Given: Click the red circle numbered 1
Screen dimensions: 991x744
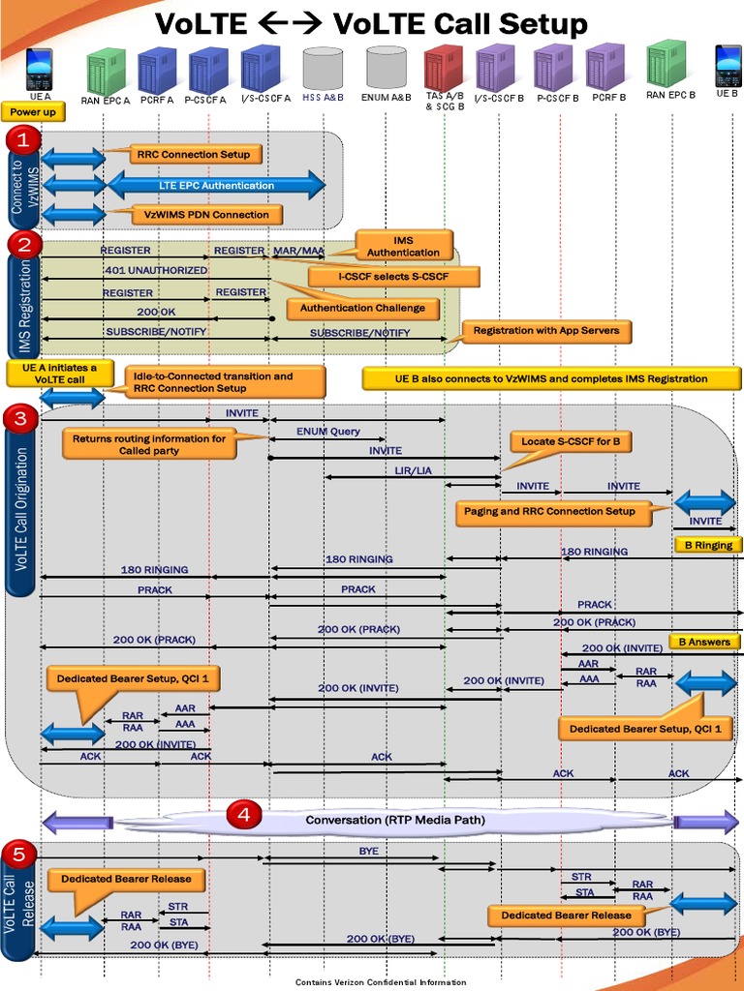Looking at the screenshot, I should click(x=23, y=140).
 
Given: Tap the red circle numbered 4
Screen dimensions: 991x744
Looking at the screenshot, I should click(x=243, y=816).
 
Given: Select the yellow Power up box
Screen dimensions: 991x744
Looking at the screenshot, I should click(x=33, y=112).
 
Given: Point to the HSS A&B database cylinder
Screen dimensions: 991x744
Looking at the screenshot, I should click(x=323, y=68).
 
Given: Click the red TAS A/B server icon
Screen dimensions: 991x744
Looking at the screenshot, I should click(x=443, y=69).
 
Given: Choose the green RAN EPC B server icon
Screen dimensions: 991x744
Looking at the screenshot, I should click(x=666, y=65).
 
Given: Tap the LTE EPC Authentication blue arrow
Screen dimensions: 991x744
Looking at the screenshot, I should click(x=216, y=185).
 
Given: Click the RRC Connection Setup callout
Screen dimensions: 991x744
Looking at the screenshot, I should click(x=194, y=154).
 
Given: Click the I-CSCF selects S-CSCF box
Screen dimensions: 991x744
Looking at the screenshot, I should click(x=393, y=277).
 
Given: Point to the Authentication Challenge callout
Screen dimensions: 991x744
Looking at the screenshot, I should click(x=361, y=308).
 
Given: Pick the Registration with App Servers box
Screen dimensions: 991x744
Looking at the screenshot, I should click(x=546, y=331).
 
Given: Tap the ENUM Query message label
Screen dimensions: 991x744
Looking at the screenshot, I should click(x=327, y=431).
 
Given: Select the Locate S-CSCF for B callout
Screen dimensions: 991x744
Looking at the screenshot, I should click(x=571, y=441).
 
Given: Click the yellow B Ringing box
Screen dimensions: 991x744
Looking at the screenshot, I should click(x=708, y=545).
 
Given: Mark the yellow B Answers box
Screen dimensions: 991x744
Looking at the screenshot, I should click(x=704, y=642).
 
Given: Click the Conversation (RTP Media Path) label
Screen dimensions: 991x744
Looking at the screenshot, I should click(x=395, y=820).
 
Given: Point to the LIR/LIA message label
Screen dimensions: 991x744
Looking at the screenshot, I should click(x=413, y=469).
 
